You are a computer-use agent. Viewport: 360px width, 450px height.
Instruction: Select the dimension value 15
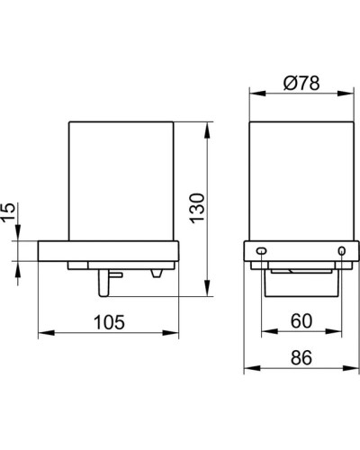click(10, 212)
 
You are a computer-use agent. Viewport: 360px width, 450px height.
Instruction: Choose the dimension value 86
click(302, 357)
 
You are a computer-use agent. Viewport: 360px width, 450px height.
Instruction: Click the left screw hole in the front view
click(262, 249)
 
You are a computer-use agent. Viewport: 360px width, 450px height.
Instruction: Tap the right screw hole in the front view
click(341, 249)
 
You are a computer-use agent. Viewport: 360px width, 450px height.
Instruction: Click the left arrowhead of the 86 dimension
click(247, 370)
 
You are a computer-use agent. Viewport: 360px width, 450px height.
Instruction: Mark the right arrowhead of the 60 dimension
click(341, 334)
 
